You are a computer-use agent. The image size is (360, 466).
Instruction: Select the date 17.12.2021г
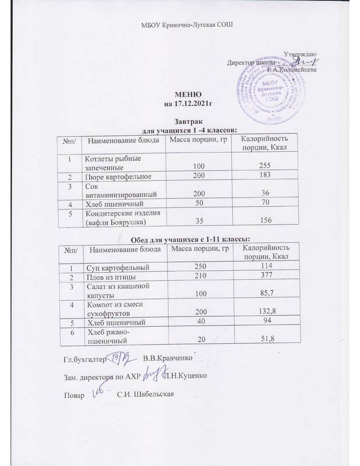click(190, 104)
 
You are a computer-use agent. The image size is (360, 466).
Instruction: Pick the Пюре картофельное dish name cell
click(119, 176)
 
